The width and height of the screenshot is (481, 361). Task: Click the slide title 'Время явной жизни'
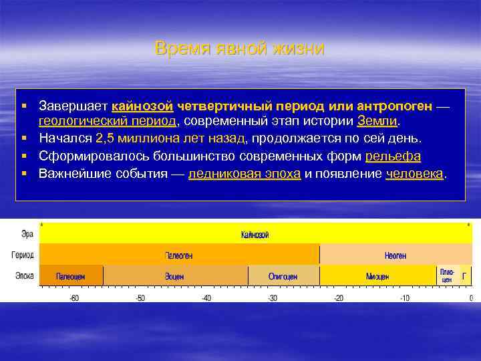pos(240,48)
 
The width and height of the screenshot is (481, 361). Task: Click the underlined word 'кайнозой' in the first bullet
pos(143,106)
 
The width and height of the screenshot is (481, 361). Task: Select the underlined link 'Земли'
pos(377,122)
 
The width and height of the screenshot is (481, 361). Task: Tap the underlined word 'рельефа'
pos(393,156)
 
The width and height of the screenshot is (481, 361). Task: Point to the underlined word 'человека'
pos(414,174)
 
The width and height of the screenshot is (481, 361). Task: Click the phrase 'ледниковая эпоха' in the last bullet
pos(245,174)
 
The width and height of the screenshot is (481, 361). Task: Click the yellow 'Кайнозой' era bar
pos(256,235)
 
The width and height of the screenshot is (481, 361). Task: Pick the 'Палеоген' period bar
pos(180,255)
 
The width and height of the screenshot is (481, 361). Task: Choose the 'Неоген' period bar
pos(395,255)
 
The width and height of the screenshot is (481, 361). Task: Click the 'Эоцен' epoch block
pos(176,276)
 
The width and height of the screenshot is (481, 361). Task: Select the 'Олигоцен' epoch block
pos(283,276)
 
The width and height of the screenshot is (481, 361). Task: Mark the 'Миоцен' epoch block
pos(378,276)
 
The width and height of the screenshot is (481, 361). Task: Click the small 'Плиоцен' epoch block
pos(446,276)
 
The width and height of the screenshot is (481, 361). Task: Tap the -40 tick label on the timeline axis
pos(206,297)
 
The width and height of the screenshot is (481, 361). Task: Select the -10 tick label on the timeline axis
pos(405,297)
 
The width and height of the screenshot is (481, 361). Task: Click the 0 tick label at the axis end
pos(471,297)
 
